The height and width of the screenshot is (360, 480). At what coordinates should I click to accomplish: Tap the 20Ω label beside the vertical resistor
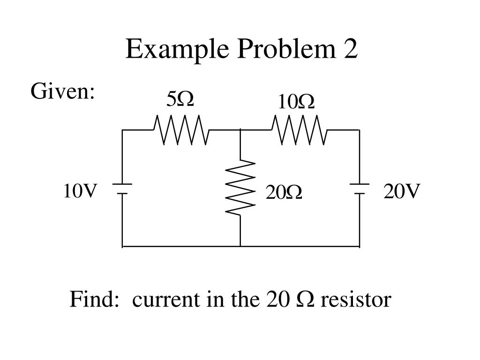(284, 192)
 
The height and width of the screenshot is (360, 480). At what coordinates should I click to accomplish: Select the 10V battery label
(81, 191)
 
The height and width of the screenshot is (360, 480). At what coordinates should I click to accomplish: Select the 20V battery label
(402, 191)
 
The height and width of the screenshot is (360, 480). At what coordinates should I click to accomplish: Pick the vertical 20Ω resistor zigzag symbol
(240, 187)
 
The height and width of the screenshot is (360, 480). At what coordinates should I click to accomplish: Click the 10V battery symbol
(122, 188)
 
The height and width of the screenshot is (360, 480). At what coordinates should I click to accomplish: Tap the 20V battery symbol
(360, 188)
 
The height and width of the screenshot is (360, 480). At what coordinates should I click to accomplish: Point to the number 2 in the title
(350, 49)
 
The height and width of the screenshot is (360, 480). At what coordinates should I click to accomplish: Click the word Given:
(63, 92)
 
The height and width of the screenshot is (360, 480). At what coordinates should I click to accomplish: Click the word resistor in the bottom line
(355, 300)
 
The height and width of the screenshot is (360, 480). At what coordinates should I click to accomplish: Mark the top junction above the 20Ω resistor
(240, 130)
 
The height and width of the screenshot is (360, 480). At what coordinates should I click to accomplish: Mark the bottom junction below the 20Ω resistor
(240, 246)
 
